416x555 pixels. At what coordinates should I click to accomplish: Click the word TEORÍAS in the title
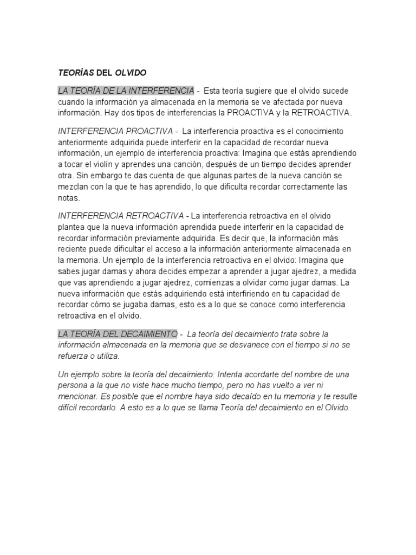(x=75, y=72)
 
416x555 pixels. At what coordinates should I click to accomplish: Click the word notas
(x=69, y=198)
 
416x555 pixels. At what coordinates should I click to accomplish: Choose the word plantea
(x=73, y=226)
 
